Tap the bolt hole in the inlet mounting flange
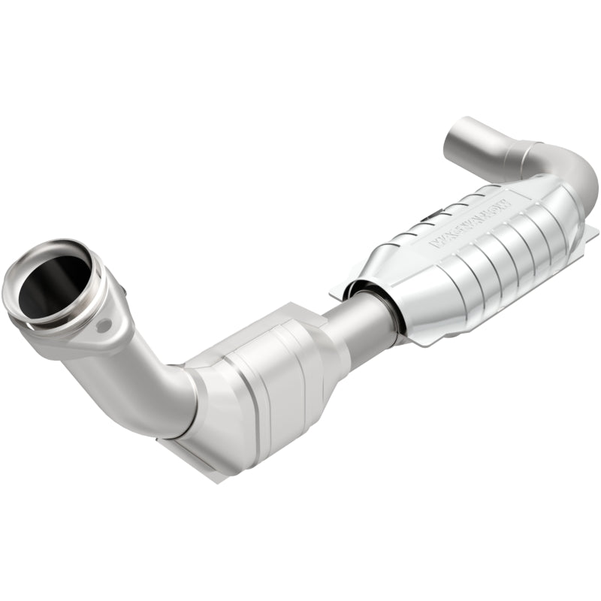pyautogui.click(x=104, y=325)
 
